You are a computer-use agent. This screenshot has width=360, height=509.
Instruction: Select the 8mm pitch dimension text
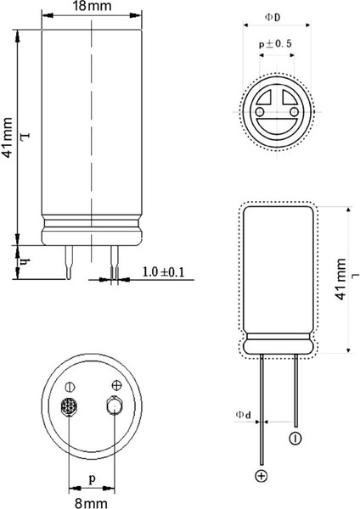coord(91,501)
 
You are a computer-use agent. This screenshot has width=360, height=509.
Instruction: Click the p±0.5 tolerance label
coord(275,43)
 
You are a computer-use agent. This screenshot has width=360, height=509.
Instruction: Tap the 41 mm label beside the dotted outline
coord(340,258)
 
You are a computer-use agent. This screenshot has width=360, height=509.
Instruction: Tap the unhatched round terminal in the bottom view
coord(114,407)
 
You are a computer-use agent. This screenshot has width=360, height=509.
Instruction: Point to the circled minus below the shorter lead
coord(295,439)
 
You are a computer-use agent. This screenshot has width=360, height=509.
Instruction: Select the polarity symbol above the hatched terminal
coord(70,386)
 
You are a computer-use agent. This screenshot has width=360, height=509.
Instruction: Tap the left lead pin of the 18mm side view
coord(69,262)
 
